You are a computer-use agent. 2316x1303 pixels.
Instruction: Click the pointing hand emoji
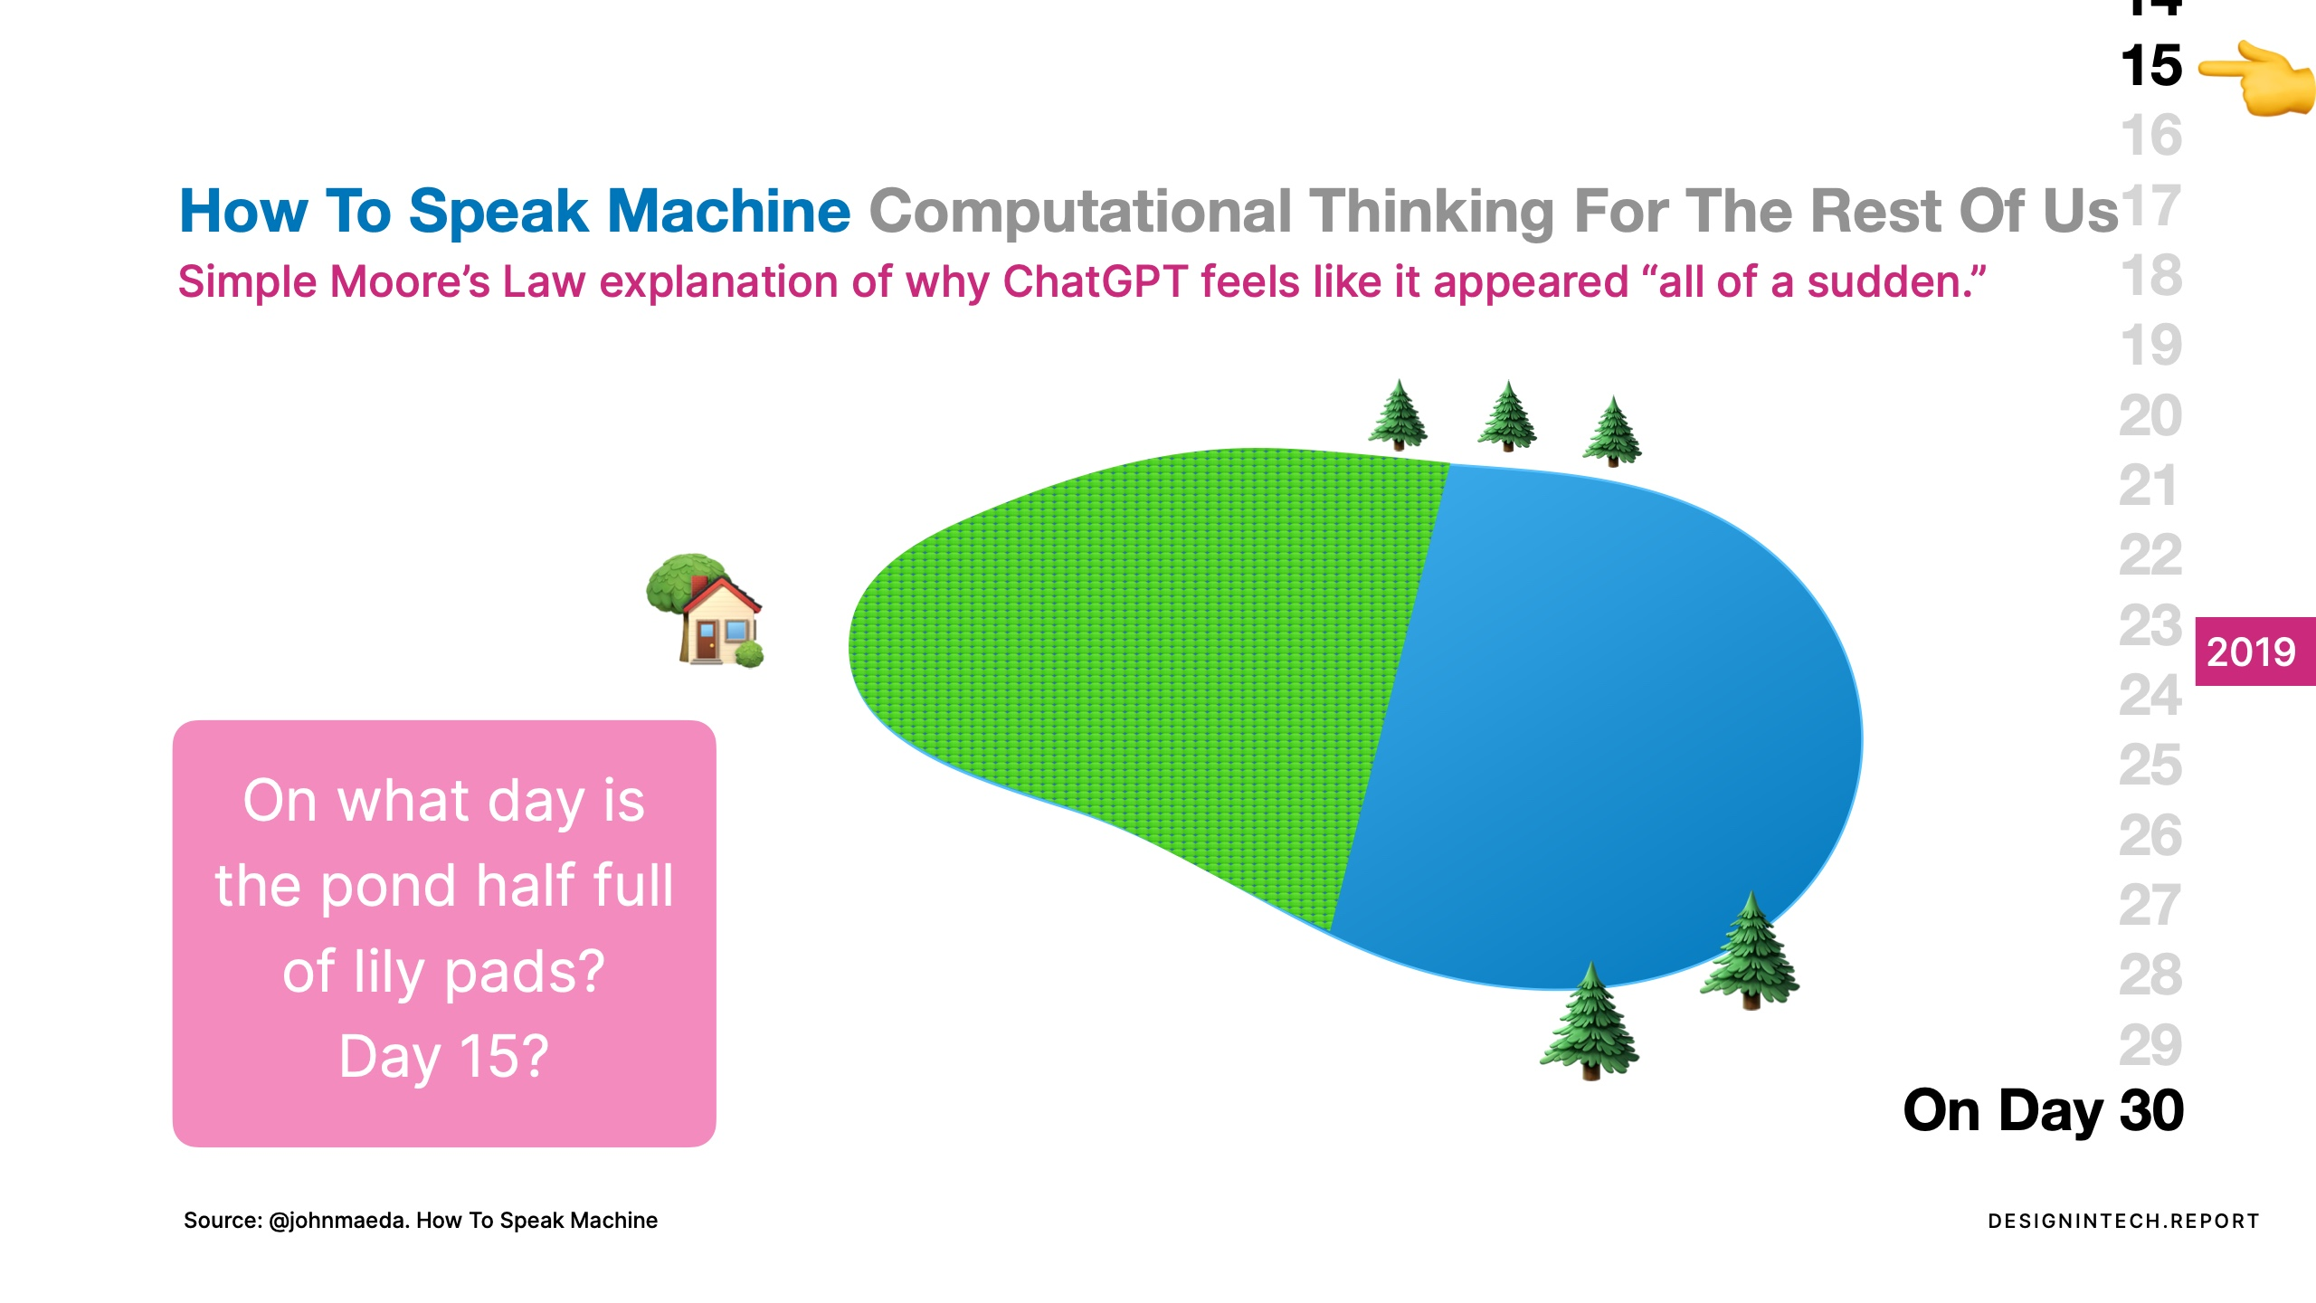coord(2256,78)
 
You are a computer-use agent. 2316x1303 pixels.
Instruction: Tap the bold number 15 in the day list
coord(2151,66)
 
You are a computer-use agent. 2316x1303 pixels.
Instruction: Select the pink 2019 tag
coord(2254,651)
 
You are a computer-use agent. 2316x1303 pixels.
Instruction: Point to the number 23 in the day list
coord(2150,625)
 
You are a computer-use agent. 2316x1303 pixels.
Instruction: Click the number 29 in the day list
coord(2150,1045)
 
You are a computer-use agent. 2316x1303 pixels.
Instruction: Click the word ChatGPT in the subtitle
coord(1095,281)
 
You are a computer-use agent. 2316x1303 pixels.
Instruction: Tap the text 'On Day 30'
coord(2044,1111)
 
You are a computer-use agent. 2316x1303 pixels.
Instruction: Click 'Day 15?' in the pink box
coord(443,1057)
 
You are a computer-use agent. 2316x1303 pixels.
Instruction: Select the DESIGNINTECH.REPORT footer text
coord(2123,1222)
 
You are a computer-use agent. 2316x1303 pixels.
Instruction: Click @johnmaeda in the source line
coord(338,1221)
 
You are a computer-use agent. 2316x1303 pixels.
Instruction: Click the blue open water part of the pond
coord(1610,724)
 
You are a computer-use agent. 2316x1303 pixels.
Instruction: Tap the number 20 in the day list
coord(2150,415)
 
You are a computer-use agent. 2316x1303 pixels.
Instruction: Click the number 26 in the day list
coord(2150,835)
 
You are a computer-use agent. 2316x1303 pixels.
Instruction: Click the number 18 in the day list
coord(2151,275)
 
